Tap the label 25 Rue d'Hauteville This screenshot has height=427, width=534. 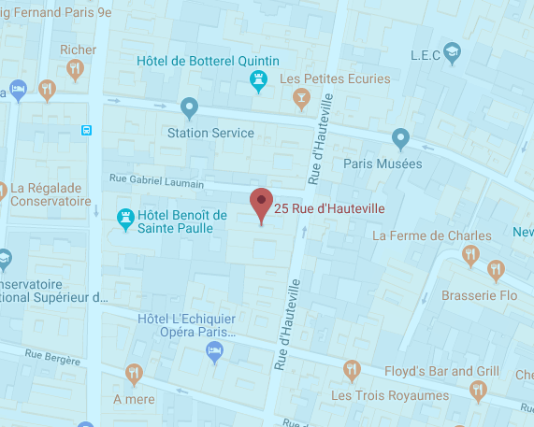[x=317, y=207]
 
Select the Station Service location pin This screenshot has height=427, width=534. [x=189, y=108]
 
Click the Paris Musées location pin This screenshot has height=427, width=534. [x=401, y=139]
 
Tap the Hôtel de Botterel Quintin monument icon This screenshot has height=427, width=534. [x=256, y=82]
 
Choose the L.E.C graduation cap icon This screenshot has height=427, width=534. [x=453, y=50]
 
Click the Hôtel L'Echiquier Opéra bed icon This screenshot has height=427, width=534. [x=213, y=351]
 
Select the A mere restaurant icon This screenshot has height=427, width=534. [x=134, y=373]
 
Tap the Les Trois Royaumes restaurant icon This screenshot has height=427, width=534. [x=352, y=369]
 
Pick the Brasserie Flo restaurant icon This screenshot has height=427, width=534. [x=496, y=270]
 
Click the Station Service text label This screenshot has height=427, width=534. [x=209, y=133]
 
